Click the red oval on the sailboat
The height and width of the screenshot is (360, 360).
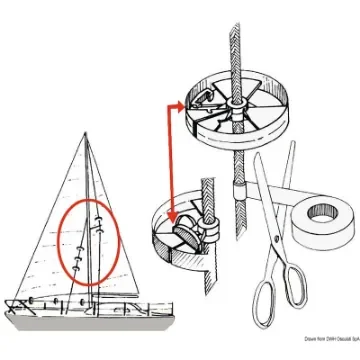[90, 243]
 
